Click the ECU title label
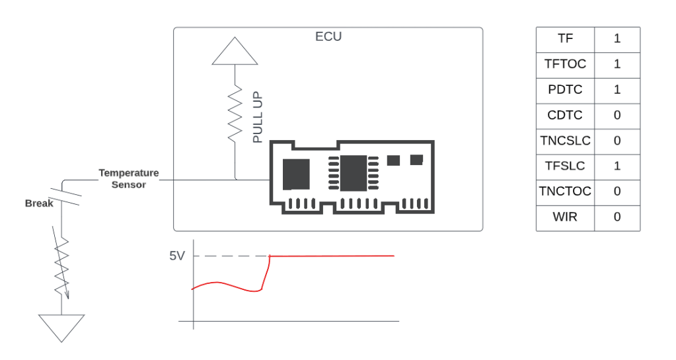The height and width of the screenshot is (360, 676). click(328, 37)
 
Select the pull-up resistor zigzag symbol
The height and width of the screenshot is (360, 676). click(236, 116)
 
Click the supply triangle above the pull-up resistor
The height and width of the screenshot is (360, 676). click(235, 52)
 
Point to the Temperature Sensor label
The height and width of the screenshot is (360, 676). click(129, 178)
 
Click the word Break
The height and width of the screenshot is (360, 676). click(39, 203)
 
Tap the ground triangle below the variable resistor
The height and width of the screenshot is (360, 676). click(61, 327)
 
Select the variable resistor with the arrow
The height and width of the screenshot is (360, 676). click(62, 268)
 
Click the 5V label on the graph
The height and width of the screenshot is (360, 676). click(177, 256)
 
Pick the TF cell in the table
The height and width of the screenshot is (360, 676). click(566, 39)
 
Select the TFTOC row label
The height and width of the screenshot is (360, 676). click(566, 65)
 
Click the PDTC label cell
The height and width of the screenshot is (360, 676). click(566, 90)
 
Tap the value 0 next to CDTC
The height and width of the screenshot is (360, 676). click(617, 116)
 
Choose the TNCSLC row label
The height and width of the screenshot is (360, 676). click(566, 141)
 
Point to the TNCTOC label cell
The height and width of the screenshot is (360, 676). click(566, 192)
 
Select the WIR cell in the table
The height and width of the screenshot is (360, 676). click(566, 217)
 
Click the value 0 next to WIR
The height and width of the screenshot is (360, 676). click(617, 217)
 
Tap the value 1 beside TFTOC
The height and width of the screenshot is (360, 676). click(617, 65)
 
